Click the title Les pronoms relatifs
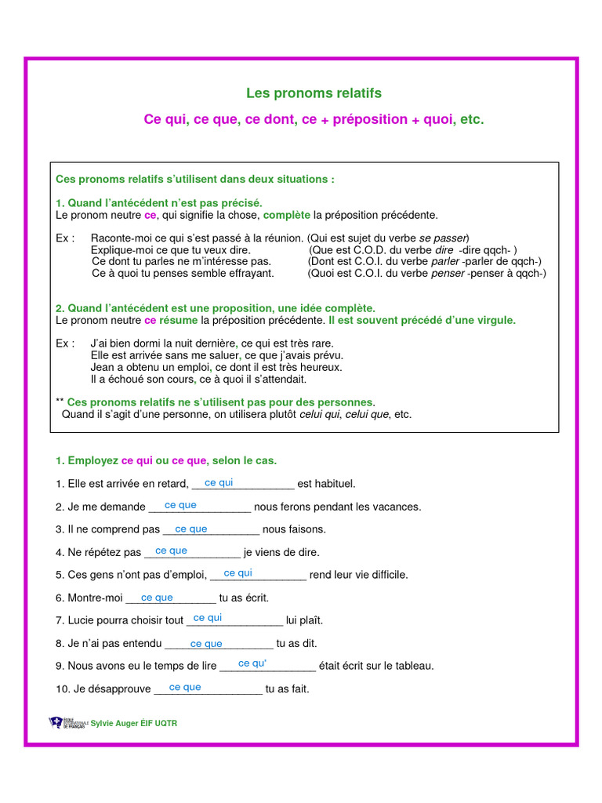point(314,93)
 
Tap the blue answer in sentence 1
point(219,483)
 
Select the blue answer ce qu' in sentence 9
point(252,664)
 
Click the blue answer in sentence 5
point(238,573)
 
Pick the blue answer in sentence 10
point(185,688)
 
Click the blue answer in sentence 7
point(208,619)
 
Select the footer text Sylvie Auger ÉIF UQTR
point(134,723)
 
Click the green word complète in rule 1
point(287,215)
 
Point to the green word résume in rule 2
point(179,321)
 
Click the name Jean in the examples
point(103,367)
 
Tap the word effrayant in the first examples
point(249,273)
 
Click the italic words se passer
point(442,238)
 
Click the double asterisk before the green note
point(60,402)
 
